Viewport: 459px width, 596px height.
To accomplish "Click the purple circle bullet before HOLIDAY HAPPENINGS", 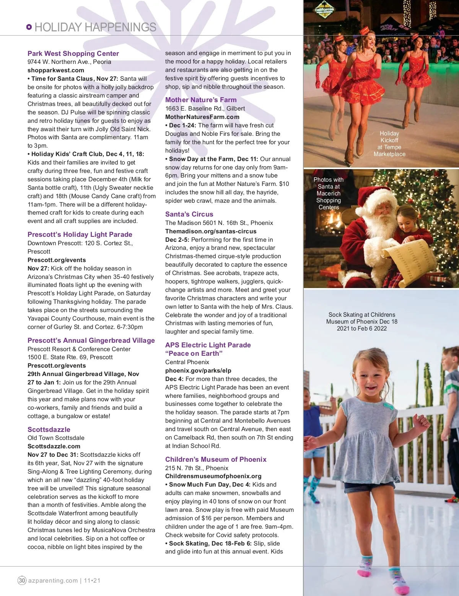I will point(29,27).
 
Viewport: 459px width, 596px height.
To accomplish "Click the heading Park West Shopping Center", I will point(73,54).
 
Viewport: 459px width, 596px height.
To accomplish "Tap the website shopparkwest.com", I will point(56,70).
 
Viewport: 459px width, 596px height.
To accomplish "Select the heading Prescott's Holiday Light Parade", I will point(80,234).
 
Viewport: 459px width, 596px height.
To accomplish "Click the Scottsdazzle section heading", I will point(49,430).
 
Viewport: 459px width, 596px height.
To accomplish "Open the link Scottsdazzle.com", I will point(54,446).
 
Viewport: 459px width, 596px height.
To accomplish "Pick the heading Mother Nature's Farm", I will point(201,100).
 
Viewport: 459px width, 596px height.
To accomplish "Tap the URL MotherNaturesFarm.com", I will point(202,117).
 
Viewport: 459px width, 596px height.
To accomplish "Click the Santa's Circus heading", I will point(189,214).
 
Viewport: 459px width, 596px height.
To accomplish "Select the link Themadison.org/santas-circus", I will point(211,231).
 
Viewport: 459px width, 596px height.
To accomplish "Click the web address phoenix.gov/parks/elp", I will point(198,371).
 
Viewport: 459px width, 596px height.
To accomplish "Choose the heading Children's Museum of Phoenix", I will point(216,459).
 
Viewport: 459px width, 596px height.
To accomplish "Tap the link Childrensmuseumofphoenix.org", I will point(213,476).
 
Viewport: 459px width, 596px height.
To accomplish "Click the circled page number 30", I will point(22,580).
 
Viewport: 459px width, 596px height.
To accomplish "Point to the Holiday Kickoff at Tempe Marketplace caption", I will point(389,144).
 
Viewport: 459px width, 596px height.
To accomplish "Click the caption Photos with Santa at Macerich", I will point(329,193).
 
